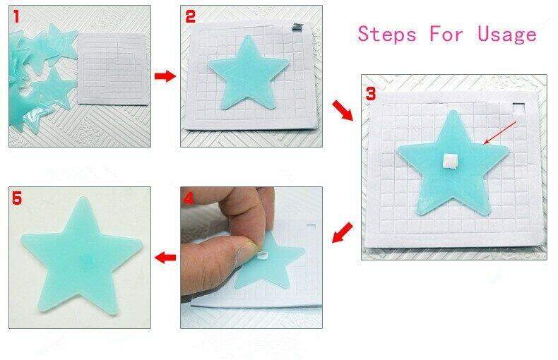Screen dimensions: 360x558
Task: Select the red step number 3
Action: (x=372, y=93)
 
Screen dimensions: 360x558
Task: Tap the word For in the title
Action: (x=447, y=33)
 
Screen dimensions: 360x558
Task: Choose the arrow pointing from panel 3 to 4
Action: (x=343, y=232)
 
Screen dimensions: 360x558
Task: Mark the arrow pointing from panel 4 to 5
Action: (x=165, y=258)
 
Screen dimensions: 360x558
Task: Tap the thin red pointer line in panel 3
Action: (x=499, y=133)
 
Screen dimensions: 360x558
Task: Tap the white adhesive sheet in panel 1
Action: (x=112, y=71)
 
